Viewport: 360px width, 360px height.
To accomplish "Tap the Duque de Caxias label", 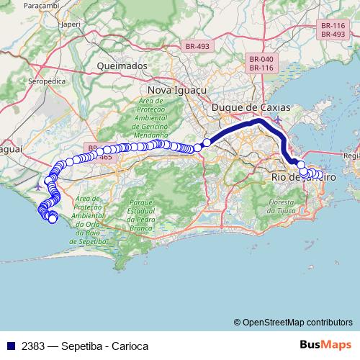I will coord(251,107).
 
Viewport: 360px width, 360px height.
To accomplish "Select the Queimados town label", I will coord(122,66).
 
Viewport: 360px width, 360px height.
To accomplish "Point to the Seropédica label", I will coord(47,81).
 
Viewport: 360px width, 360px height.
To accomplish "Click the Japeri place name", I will coord(71,23).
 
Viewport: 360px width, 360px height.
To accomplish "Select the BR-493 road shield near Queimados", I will coord(197,46).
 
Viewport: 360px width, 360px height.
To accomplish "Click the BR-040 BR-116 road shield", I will coord(261,63).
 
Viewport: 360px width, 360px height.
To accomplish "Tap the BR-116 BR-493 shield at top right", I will coord(333,30).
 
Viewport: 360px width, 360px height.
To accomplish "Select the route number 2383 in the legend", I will coord(33,346).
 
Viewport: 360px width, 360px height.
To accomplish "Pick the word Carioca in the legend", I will coord(130,346).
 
